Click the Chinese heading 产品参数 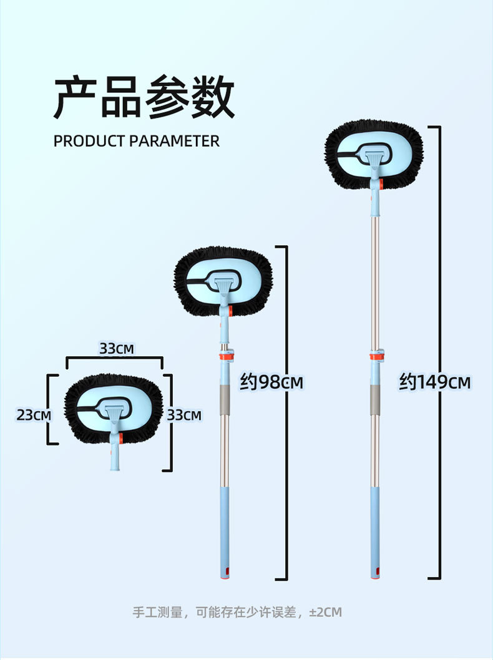pyautogui.click(x=144, y=97)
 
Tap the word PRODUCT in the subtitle pyautogui.click(x=89, y=141)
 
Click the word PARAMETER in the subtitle pyautogui.click(x=174, y=141)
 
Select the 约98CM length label pyautogui.click(x=271, y=382)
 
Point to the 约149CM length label pyautogui.click(x=434, y=382)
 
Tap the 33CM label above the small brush pyautogui.click(x=117, y=348)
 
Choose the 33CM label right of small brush pyautogui.click(x=184, y=414)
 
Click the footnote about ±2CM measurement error pyautogui.click(x=237, y=612)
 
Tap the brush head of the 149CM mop pyautogui.click(x=374, y=155)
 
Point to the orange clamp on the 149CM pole pyautogui.click(x=376, y=356)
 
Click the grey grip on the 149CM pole pyautogui.click(x=374, y=399)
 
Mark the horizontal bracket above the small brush pyautogui.click(x=115, y=359)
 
